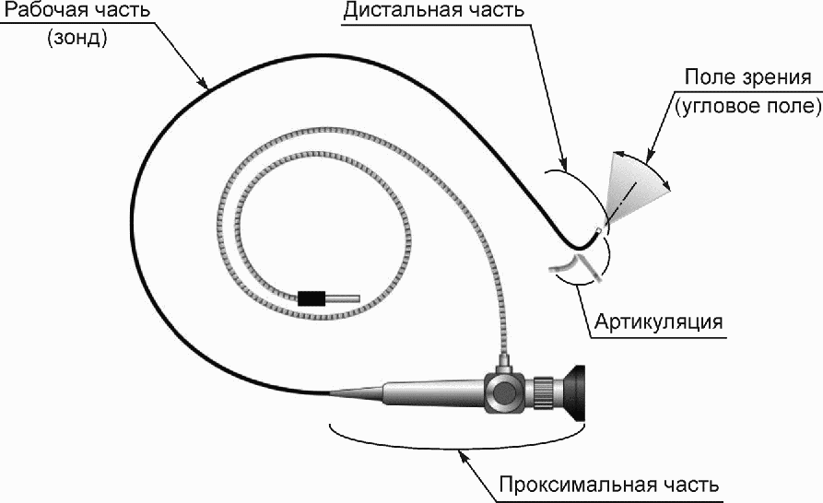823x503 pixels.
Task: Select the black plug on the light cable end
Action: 312,298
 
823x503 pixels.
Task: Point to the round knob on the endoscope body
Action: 504,392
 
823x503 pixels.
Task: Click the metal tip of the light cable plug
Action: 344,298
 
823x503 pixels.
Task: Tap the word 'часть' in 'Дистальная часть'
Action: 496,12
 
